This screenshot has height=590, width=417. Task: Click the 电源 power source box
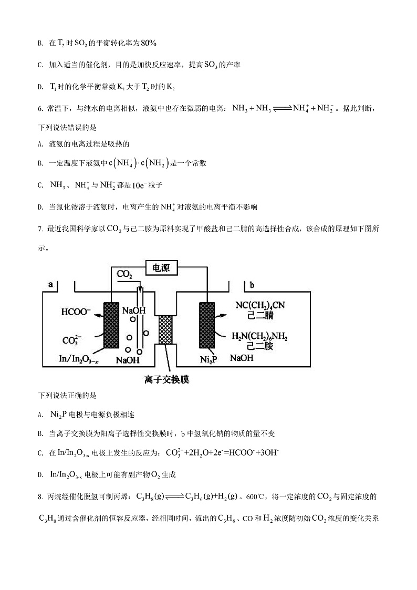161,267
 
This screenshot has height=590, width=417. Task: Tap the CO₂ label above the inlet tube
124,275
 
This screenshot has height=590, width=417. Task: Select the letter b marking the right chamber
252,285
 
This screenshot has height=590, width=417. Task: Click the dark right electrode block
208,325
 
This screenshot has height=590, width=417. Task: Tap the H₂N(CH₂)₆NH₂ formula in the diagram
259,337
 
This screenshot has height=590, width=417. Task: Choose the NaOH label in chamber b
242,358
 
